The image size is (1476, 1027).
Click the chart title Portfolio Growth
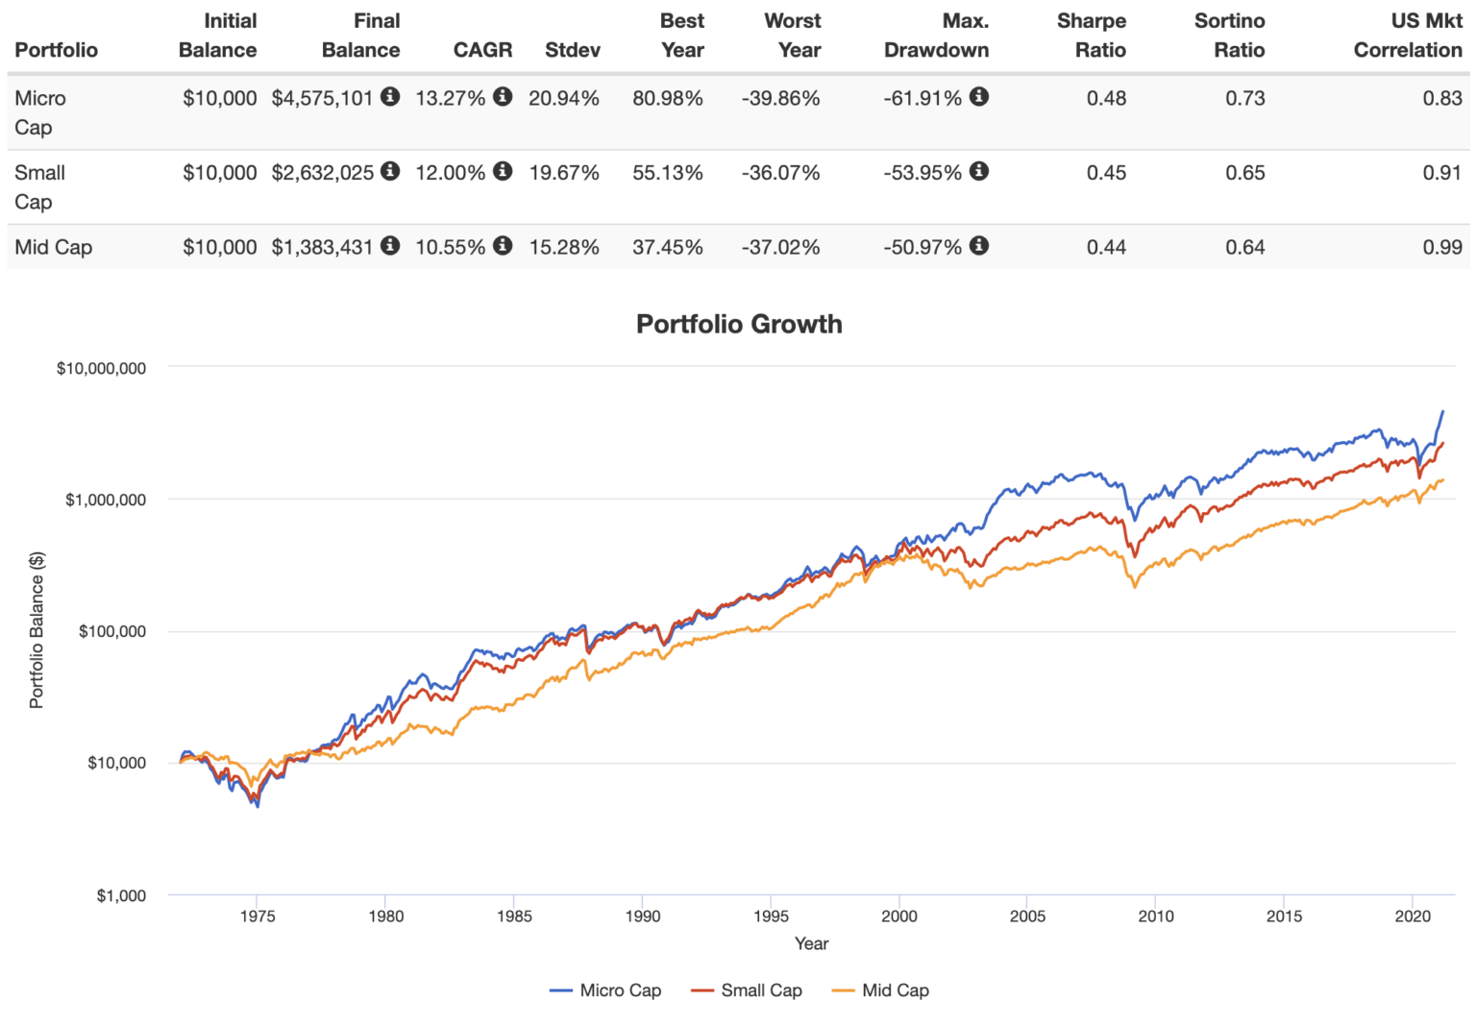point(739,324)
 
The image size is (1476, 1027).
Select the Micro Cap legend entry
point(619,990)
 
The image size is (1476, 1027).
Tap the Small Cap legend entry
point(760,990)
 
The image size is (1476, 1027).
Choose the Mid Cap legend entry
point(895,990)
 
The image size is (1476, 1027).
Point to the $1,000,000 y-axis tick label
point(105,500)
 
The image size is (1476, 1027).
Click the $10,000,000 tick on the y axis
point(101,368)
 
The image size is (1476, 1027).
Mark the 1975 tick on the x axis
point(257,917)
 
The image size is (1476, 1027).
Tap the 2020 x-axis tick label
point(1413,917)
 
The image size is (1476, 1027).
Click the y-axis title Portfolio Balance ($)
point(37,630)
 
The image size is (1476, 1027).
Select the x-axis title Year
point(811,943)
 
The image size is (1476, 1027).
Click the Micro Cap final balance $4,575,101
point(322,98)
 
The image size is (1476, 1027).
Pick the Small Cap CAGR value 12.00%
point(450,173)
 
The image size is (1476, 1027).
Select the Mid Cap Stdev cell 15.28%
point(564,247)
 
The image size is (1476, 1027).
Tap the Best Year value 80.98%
point(668,98)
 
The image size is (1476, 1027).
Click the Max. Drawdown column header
point(936,36)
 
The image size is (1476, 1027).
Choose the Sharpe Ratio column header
point(1091,36)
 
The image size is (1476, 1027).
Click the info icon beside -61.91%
point(979,96)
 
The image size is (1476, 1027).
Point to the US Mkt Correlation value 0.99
point(1442,247)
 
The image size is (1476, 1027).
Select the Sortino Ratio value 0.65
point(1244,173)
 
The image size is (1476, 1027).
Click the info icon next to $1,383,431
point(390,245)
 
